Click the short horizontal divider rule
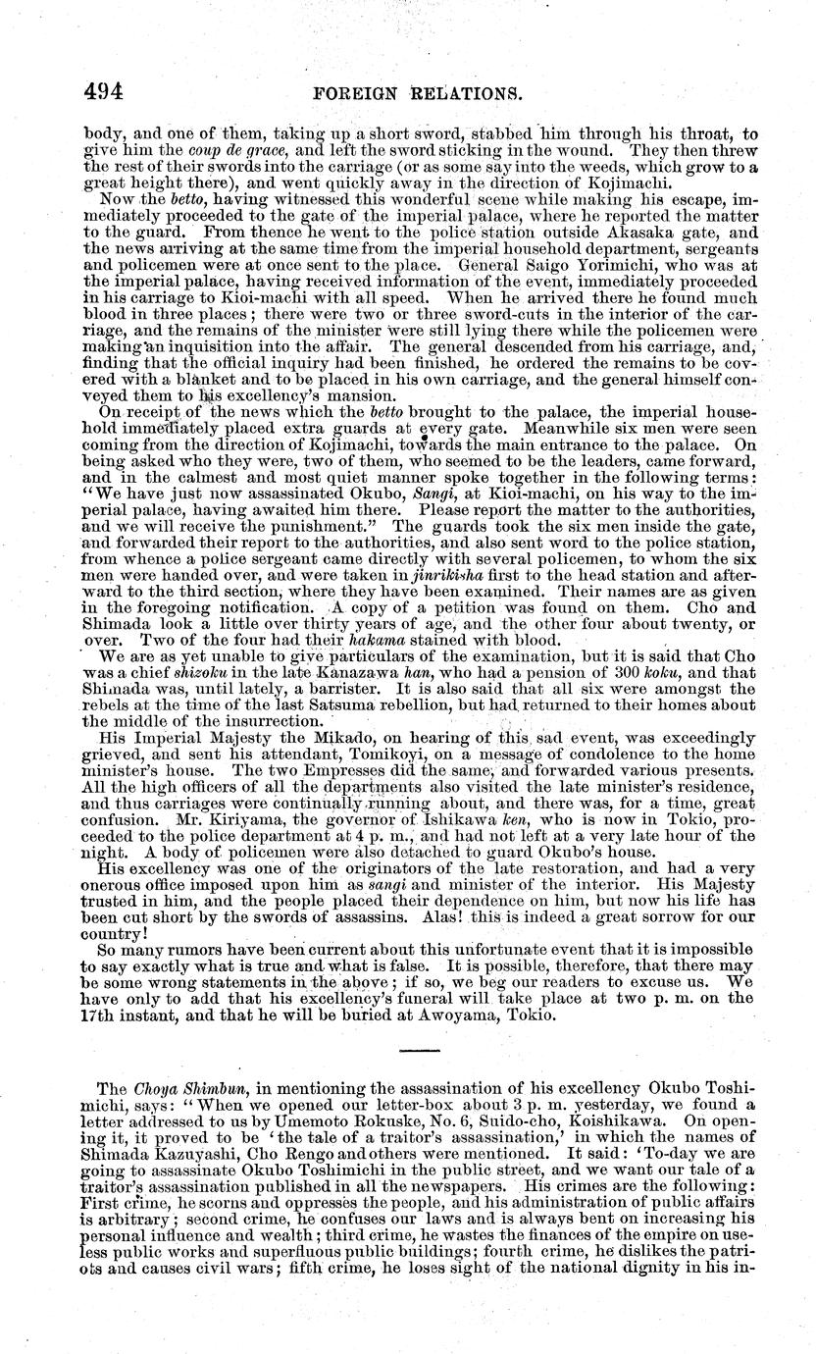point(421,1050)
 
